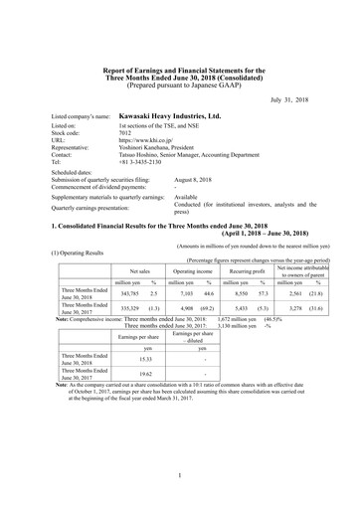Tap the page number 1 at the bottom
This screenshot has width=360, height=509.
point(180,475)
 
